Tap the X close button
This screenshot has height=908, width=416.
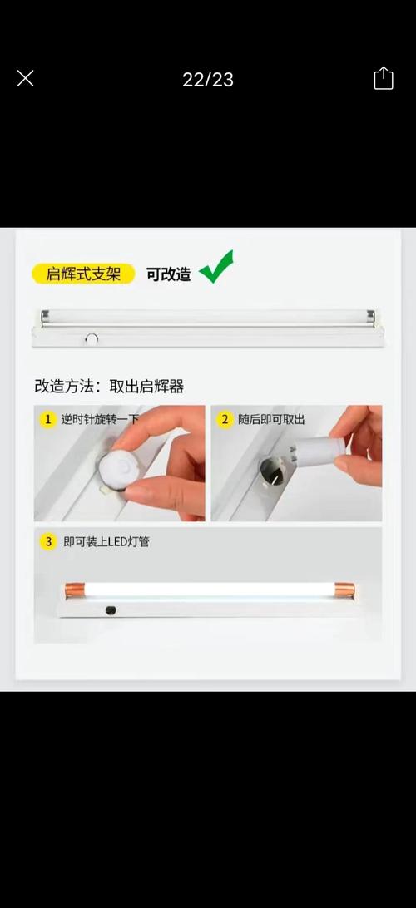(x=25, y=79)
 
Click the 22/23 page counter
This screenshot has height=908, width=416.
(x=208, y=80)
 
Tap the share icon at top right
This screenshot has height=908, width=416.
(x=383, y=79)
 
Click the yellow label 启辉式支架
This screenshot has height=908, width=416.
(x=82, y=274)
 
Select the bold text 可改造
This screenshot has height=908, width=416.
(x=168, y=274)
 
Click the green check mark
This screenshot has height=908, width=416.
(x=216, y=268)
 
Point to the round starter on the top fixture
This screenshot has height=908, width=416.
(x=92, y=338)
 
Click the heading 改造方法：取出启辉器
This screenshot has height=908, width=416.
(x=109, y=386)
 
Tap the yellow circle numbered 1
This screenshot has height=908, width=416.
(x=48, y=420)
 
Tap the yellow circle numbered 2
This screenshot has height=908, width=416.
(x=225, y=420)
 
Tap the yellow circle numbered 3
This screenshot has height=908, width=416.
(x=48, y=542)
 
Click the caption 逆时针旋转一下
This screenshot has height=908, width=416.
(x=100, y=420)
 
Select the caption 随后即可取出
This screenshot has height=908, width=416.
(x=271, y=420)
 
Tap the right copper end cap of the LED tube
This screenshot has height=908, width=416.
(x=345, y=590)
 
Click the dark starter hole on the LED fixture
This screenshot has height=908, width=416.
(x=110, y=610)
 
